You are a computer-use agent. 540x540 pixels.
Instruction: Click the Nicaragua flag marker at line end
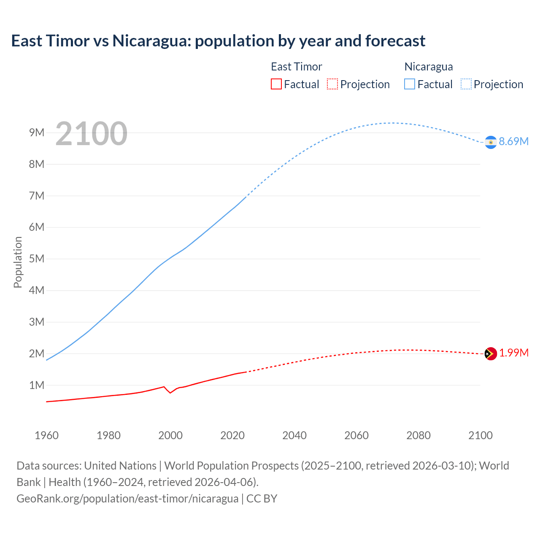pos(491,143)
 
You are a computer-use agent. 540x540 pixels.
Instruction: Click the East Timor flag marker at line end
pos(491,354)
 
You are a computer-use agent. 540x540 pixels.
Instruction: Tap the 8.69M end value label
pos(513,141)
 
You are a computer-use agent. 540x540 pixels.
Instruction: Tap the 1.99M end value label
pos(513,353)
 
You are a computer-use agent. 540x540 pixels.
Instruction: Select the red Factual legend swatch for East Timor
pos(276,84)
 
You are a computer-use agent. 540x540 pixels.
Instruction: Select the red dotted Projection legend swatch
pos(332,84)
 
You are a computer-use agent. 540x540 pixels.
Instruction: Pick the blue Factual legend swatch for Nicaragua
pos(410,84)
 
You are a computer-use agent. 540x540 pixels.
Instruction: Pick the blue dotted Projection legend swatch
pos(466,84)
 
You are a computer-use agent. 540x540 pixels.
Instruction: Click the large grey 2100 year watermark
pos(91,134)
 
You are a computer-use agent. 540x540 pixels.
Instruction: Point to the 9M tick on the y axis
pos(37,133)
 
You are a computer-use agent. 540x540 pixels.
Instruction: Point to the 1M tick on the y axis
pos(37,385)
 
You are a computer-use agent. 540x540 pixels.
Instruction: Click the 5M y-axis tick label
pos(37,259)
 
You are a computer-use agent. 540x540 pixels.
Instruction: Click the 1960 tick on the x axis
pos(46,435)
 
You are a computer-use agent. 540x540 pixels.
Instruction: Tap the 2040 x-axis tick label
pos(294,435)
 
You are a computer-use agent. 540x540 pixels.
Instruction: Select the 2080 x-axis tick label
pos(418,435)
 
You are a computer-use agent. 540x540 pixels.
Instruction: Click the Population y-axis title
pos(18,262)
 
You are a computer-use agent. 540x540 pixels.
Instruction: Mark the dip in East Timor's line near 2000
pos(170,393)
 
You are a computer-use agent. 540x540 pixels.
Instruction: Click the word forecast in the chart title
pos(395,41)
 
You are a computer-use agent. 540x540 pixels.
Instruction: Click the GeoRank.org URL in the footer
pos(127,498)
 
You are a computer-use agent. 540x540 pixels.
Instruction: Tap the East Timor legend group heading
pos(296,67)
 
